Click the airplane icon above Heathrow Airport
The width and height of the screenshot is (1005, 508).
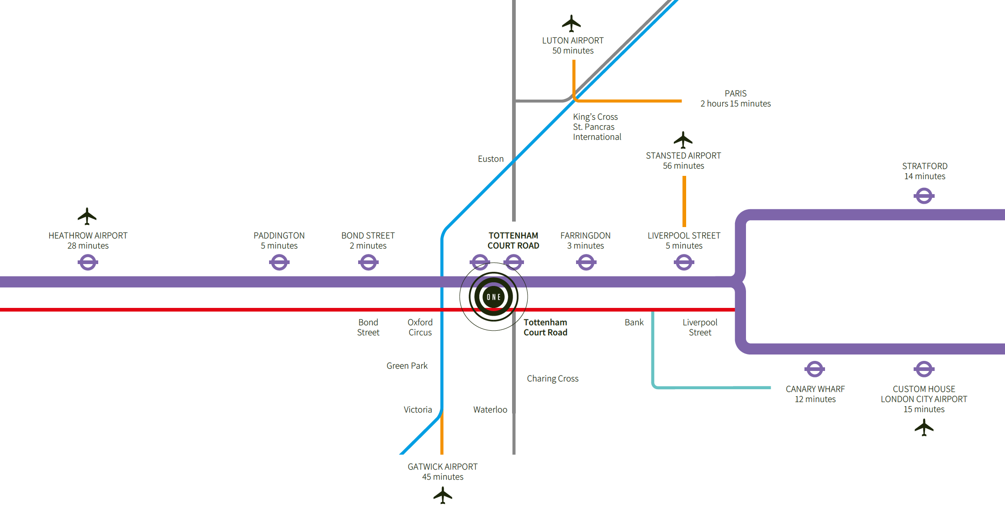coord(87,216)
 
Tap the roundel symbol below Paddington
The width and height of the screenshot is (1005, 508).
coord(279,262)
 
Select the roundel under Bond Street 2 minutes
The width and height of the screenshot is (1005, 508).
coord(368,262)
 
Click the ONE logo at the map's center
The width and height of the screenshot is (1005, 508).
coord(493,297)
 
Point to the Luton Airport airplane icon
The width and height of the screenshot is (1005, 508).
coord(571,23)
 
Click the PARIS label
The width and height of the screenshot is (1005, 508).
coord(735,94)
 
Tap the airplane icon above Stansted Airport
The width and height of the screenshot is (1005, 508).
coord(683,140)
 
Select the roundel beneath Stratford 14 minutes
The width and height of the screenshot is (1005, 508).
coord(924,196)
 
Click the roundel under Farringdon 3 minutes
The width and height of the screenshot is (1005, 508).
coord(586,262)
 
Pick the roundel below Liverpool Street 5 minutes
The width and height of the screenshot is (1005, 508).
coord(684,262)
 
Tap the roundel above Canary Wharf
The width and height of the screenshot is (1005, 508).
coord(815,369)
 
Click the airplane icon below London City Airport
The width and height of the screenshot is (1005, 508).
coord(924,428)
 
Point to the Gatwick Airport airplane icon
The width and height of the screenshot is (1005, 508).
coord(443,495)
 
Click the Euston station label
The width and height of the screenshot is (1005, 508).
coord(491,159)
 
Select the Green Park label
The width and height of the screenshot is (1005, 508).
coord(407,366)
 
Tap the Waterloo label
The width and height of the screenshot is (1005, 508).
coord(490,410)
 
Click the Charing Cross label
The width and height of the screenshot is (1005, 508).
coord(552,379)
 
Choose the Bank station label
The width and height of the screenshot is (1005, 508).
coord(634,323)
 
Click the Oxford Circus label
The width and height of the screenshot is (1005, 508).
coord(420,328)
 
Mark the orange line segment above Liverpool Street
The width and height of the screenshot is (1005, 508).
coord(684,201)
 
